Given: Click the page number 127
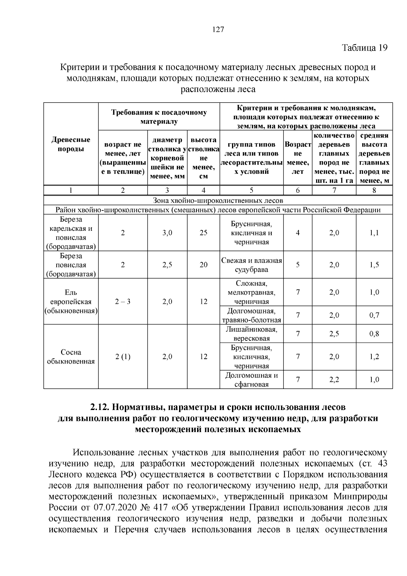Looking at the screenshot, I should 218,30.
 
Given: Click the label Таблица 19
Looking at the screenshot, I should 364,48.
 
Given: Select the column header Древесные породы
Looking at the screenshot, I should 71,144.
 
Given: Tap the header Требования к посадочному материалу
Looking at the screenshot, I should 159,117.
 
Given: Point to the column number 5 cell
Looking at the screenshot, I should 251,190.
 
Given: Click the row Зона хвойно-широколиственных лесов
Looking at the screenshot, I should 218,201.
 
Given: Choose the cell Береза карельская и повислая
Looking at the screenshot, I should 71,233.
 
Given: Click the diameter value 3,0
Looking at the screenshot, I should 167,233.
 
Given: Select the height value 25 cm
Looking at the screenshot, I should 203,233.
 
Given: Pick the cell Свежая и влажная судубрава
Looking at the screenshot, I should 251,265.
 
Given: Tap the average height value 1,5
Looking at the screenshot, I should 374,265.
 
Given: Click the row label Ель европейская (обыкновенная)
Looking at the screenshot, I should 71,301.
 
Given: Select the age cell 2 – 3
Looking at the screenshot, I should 123,301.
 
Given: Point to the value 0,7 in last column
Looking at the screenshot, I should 374,315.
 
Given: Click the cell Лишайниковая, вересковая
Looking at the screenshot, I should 251,334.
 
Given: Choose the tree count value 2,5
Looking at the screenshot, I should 334,334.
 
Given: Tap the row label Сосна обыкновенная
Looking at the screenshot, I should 71,357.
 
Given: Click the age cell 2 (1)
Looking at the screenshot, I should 123,357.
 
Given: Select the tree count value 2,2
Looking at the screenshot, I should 334,380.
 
